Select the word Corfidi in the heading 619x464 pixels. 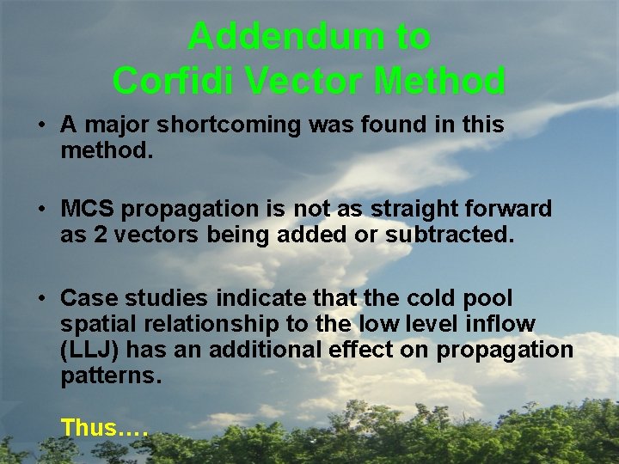(173, 81)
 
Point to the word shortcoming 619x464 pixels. (218, 125)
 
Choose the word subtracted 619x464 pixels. (456, 235)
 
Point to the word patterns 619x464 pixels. (111, 376)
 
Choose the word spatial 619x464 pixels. (93, 325)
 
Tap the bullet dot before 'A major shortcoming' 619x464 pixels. (40, 125)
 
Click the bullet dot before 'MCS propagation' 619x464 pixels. (40, 209)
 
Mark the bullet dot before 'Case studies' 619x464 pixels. (40, 299)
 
